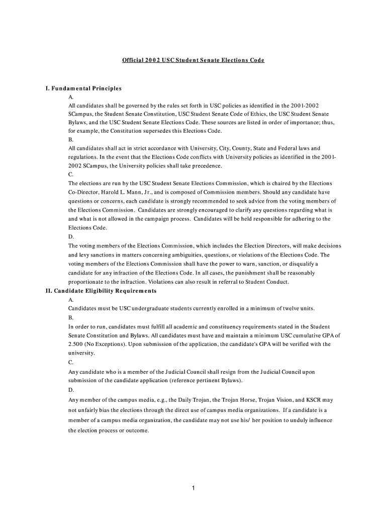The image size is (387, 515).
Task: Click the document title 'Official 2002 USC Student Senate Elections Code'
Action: [x=193, y=60]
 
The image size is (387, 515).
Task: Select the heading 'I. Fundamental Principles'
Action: [x=83, y=89]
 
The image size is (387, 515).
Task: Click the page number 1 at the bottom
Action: [x=193, y=488]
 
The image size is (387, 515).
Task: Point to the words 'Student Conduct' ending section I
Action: [x=267, y=282]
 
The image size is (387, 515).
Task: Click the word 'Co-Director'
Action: [x=84, y=192]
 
